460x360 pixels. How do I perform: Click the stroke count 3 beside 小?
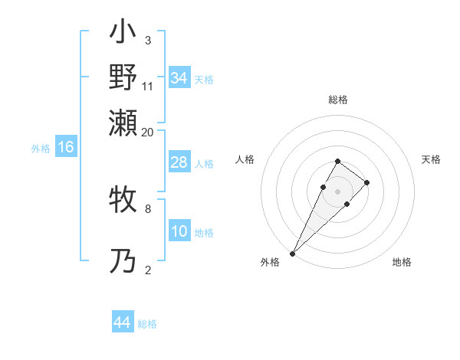pos(148,40)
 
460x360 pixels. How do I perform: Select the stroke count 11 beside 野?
pos(148,86)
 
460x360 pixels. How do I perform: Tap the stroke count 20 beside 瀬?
pos(148,132)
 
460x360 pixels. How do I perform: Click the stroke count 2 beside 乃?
pos(148,270)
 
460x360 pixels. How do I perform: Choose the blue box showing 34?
pos(179,78)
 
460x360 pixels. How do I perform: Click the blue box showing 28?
pos(179,163)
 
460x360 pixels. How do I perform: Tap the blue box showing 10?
pos(179,231)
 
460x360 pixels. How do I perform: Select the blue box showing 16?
pos(66,148)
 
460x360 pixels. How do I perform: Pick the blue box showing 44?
pos(122,323)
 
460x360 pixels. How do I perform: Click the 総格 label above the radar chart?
pos(338,100)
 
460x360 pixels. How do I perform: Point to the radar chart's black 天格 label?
pos(431,159)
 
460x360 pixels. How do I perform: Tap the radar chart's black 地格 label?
pos(402,262)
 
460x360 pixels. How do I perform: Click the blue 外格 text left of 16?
pos(41,149)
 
